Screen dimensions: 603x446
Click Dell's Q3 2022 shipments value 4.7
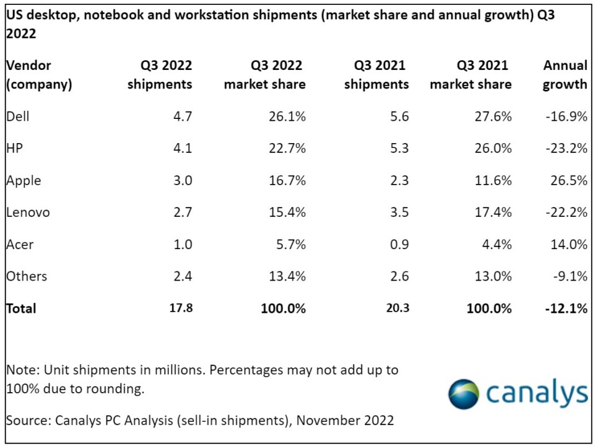(182, 116)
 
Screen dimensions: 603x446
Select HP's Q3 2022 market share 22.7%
(287, 148)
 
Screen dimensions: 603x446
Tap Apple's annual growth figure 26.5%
(568, 180)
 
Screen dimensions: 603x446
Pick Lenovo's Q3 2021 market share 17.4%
(493, 212)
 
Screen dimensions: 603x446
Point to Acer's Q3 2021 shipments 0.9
(399, 244)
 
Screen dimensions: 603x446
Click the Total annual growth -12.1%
(566, 308)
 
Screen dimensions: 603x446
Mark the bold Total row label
(21, 308)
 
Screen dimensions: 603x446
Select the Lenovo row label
(28, 212)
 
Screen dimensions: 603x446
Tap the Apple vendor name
(24, 180)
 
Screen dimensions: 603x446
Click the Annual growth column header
(565, 75)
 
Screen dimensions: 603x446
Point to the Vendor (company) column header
(39, 75)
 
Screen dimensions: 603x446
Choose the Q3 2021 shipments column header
(376, 75)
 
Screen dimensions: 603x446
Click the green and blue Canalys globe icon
(464, 394)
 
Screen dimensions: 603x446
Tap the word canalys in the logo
(537, 393)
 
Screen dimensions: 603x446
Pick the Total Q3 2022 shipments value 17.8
(181, 308)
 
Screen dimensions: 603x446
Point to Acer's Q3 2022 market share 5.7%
(291, 244)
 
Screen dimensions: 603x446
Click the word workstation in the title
(219, 15)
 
